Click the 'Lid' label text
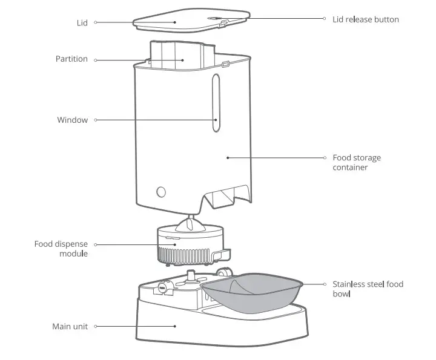coord(82,22)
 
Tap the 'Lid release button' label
coord(365,19)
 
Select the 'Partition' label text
coord(71,59)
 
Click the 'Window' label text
coord(72,120)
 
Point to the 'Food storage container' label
coord(357,162)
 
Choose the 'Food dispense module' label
coord(61,249)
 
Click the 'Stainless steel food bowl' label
coord(367,289)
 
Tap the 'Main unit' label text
coord(70,326)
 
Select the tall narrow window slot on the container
coord(216,103)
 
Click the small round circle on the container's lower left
coord(161,191)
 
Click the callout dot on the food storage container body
coord(228,158)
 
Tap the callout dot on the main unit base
coord(176,326)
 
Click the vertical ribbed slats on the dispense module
coord(185,255)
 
